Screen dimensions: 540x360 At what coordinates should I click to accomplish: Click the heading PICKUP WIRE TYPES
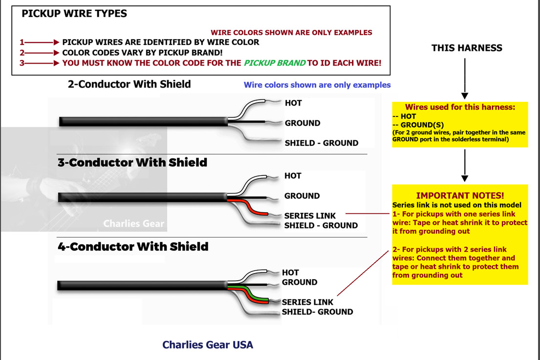point(74,13)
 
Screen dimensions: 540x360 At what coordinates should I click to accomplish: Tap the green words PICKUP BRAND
point(275,63)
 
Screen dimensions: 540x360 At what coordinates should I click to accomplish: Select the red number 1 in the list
point(22,43)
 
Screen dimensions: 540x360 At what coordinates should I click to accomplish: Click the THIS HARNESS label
point(467,48)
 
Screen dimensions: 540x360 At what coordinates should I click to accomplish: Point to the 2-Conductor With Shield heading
point(129,84)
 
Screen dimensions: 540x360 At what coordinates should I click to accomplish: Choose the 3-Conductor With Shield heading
point(132,162)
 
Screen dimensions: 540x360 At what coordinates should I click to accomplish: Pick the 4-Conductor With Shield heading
point(133,247)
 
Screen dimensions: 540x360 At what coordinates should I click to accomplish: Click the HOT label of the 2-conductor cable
point(293,103)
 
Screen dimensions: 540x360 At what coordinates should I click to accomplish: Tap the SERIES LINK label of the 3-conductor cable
point(310,216)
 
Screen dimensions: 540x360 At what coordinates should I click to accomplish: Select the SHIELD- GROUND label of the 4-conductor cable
point(317,312)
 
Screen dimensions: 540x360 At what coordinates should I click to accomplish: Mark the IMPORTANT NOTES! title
point(460,196)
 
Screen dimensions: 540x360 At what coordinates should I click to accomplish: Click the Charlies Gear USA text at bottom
point(208,345)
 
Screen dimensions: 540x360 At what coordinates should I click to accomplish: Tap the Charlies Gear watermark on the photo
point(133,224)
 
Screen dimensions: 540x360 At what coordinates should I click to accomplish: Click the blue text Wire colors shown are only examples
point(317,85)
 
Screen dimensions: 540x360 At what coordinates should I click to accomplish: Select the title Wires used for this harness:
point(460,107)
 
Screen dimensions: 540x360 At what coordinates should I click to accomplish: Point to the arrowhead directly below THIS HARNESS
point(465,95)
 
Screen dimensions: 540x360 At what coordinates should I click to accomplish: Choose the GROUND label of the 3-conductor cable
point(302,196)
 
